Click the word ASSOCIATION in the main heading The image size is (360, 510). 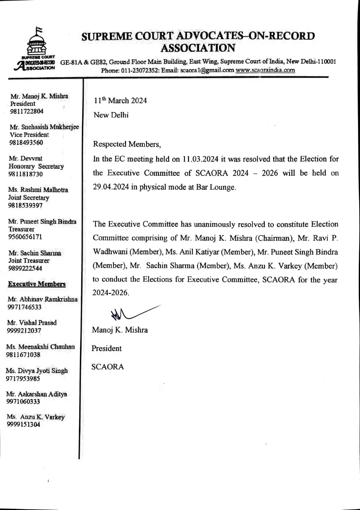(198, 48)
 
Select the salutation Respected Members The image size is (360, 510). (127, 144)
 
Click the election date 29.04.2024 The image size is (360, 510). (111, 187)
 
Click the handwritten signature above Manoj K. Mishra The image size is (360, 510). (131, 313)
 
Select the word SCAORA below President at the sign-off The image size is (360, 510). (108, 367)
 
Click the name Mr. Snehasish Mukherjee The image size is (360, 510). (44, 127)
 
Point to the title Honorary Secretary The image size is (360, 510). (36, 166)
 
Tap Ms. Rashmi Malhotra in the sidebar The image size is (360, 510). (38, 190)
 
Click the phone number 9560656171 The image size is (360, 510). (25, 237)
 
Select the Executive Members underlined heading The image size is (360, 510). (37, 284)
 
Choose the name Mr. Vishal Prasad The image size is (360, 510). (32, 323)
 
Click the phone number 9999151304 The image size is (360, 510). (23, 425)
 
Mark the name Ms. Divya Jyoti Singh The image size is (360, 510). (37, 371)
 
